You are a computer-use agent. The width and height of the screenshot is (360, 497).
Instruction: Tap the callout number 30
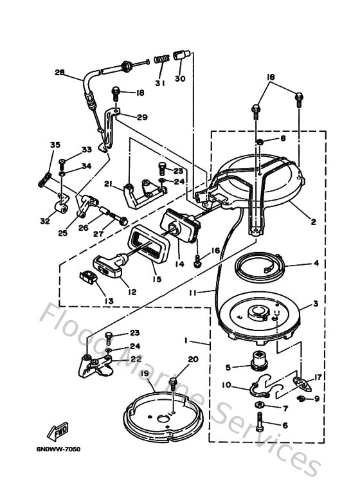coord(179,80)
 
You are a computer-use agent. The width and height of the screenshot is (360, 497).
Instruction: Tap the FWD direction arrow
coord(58,431)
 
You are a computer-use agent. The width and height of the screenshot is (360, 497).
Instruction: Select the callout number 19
coord(145,373)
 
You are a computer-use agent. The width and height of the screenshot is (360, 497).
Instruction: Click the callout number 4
coord(316,262)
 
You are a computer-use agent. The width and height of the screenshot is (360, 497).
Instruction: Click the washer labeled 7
coord(258,406)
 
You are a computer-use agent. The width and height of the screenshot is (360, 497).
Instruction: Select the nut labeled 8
coord(260,140)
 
